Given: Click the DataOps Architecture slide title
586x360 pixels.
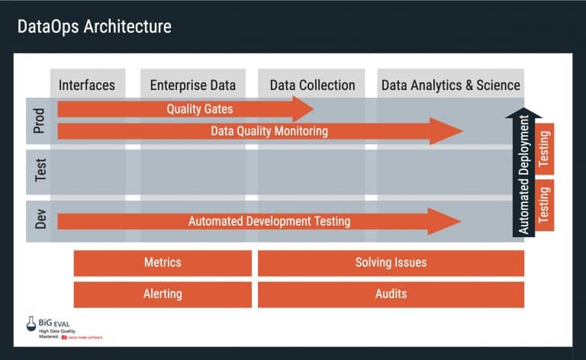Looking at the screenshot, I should (x=95, y=27).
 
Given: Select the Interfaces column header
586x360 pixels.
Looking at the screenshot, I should (x=86, y=85).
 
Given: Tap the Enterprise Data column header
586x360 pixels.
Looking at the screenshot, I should (x=193, y=85).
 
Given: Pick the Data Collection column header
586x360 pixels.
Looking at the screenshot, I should (x=312, y=85).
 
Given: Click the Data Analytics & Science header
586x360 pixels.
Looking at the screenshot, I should (x=450, y=85).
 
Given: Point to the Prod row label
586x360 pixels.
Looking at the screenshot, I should (x=40, y=121).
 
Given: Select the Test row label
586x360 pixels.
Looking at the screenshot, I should (x=40, y=171).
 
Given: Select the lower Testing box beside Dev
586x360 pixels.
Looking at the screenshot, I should (x=544, y=205).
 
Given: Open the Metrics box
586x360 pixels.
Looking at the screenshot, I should (x=163, y=262).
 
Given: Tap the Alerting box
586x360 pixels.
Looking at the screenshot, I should (x=163, y=294).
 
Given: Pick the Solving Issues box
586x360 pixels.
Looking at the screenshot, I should (x=391, y=262).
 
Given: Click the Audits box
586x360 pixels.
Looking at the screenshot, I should (x=391, y=294).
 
